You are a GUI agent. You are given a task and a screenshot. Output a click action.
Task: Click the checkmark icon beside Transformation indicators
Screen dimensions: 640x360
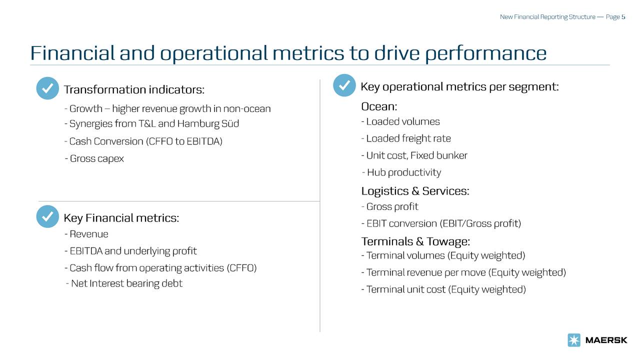point(47,89)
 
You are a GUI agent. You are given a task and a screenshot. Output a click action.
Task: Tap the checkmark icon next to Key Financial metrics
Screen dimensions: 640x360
point(47,217)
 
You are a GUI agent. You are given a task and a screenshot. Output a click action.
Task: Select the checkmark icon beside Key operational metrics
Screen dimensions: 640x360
point(344,86)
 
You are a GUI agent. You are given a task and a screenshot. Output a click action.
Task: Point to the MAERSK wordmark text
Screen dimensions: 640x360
point(606,340)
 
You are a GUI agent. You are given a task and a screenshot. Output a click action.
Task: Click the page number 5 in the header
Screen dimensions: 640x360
point(623,17)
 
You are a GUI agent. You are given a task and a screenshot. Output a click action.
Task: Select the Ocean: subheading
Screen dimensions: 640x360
point(379,106)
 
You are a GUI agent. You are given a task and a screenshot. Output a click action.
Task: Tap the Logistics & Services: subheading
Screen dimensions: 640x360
point(415,191)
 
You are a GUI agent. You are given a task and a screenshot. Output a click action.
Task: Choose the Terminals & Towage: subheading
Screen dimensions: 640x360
point(415,241)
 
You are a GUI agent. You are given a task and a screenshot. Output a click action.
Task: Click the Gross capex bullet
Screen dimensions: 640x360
point(94,158)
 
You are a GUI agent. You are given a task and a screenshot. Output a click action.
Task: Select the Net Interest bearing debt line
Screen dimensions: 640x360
point(124,283)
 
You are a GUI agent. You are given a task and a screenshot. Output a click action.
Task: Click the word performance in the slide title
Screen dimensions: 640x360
point(485,53)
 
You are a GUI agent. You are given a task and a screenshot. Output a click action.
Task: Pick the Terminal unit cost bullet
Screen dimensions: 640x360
point(443,289)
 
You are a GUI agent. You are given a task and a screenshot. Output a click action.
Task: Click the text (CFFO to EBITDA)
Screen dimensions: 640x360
point(184,141)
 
